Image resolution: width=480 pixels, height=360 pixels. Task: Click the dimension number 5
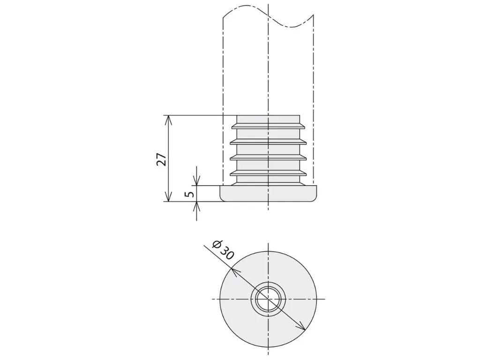190,194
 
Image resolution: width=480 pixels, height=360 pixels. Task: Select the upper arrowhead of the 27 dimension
168,120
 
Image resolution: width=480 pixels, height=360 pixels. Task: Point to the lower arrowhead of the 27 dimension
168,196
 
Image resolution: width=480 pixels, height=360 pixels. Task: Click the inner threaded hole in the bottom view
268,299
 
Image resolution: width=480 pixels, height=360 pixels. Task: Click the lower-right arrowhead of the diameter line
301,326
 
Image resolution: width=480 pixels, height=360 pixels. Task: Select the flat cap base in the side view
268,194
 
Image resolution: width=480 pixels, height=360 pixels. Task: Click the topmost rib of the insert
268,126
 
